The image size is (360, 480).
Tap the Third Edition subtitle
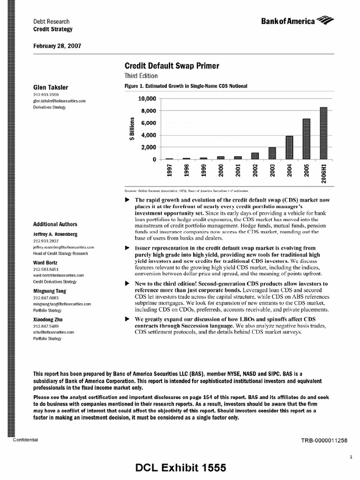coord(141,76)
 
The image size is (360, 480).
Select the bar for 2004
coord(289,148)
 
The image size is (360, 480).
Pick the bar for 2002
coord(255,156)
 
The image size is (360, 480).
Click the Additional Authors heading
coord(55,225)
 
